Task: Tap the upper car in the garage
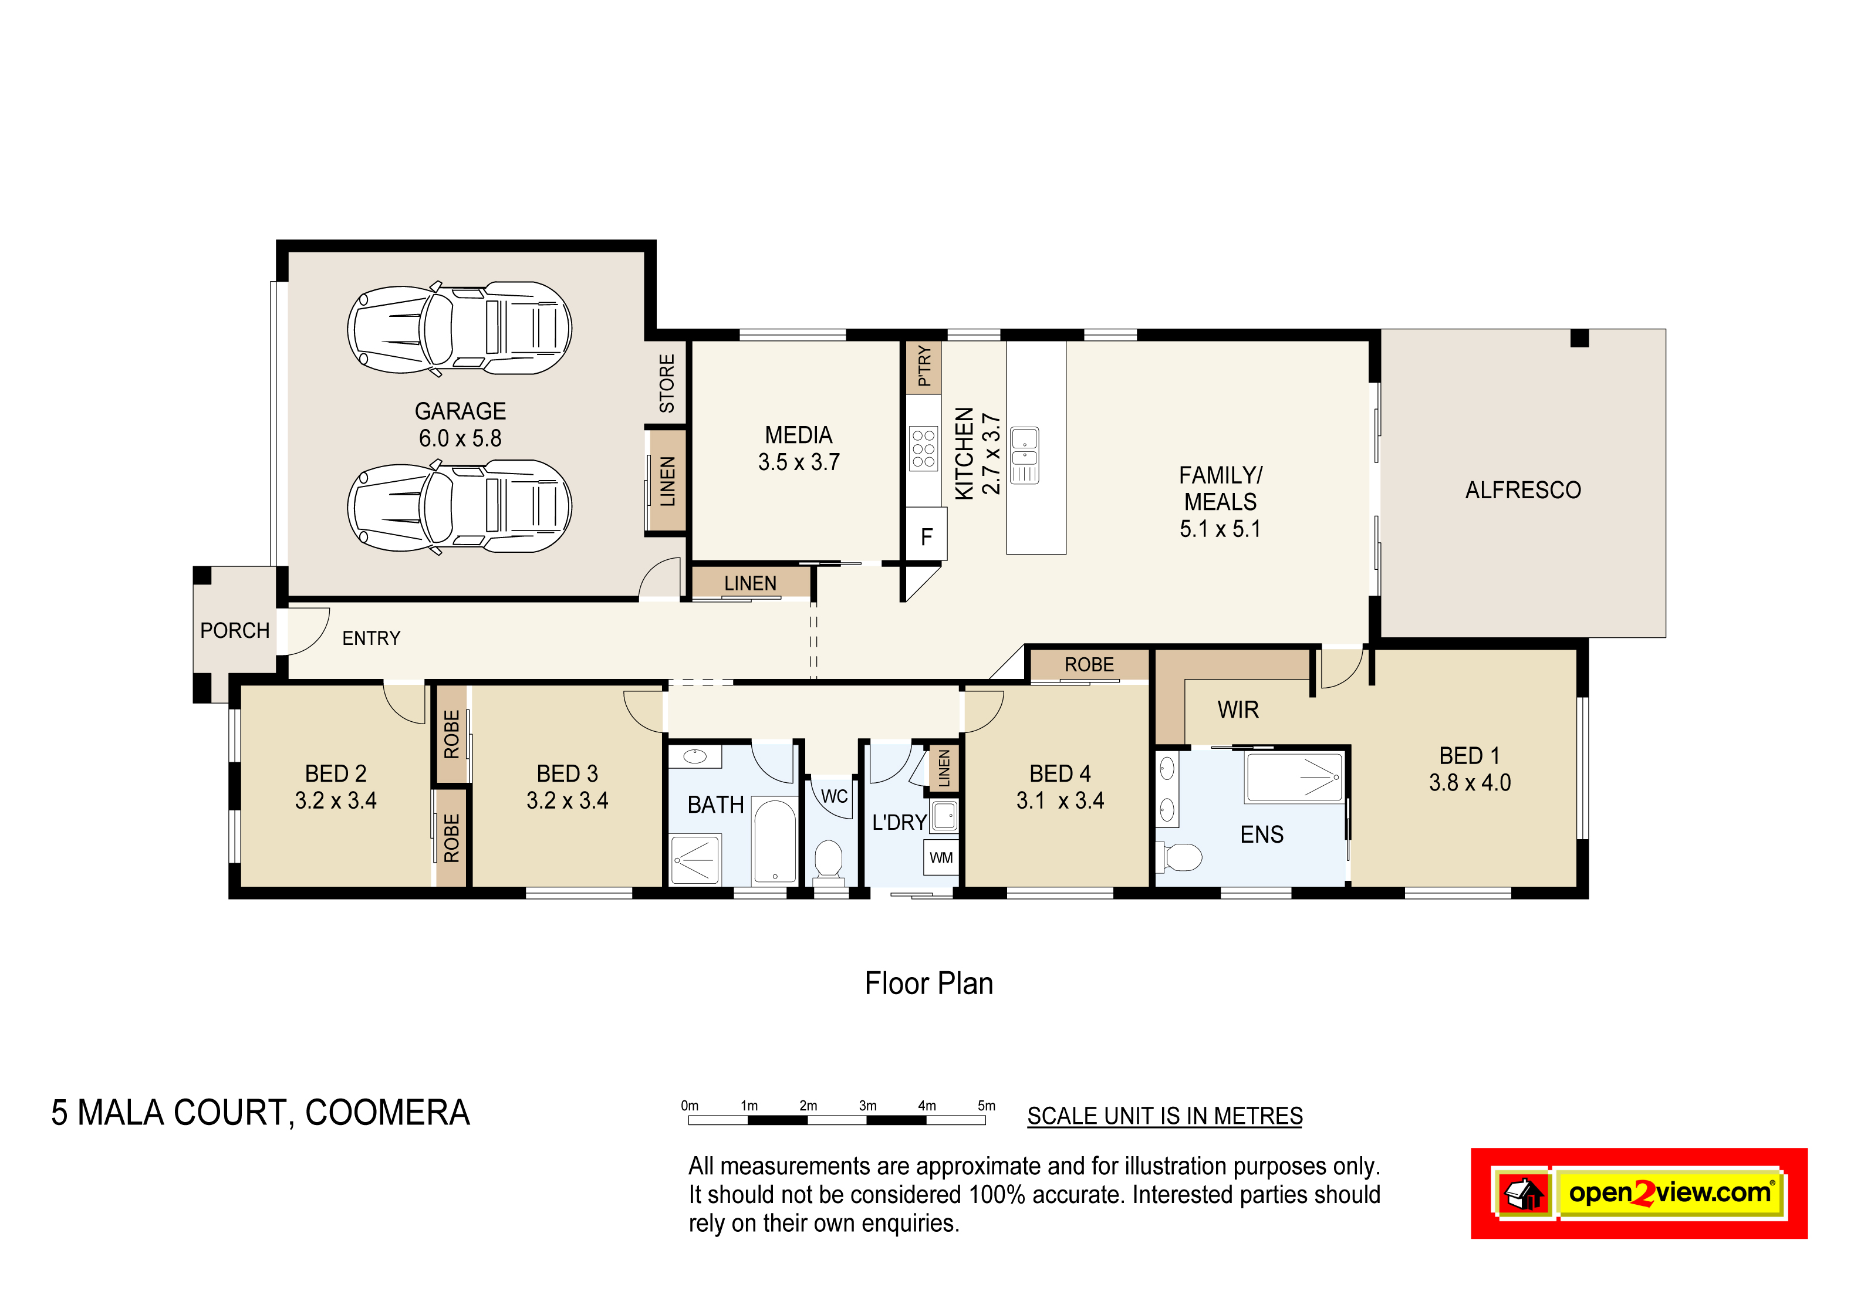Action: tap(460, 329)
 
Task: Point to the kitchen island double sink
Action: tap(1025, 455)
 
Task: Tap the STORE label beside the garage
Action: tap(667, 383)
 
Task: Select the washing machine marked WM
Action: tap(941, 857)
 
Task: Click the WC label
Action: tap(834, 797)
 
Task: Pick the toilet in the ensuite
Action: tap(1180, 857)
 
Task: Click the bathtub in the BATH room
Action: tap(774, 842)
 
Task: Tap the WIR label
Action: tap(1238, 709)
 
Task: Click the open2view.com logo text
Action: tap(1670, 1192)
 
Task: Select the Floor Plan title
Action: tap(928, 984)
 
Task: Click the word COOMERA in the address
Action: tap(387, 1113)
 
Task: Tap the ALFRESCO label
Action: tap(1523, 490)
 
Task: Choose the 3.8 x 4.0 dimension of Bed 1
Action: tap(1470, 782)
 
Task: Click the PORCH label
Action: tap(235, 630)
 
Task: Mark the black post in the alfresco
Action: tap(1579, 337)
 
